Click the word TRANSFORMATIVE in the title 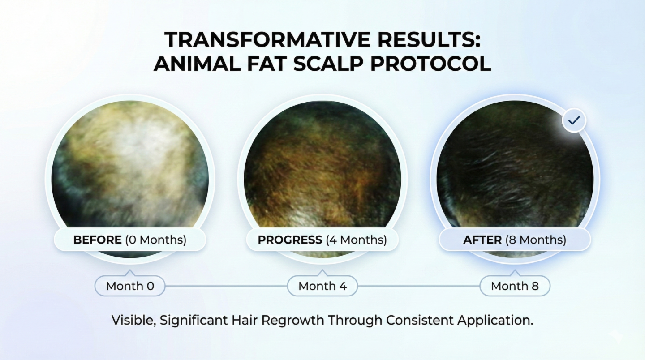267,39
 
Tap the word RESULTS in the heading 429,39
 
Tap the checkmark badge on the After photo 574,120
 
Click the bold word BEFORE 98,240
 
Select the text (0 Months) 156,240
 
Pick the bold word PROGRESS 290,240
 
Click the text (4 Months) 357,240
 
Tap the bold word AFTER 482,240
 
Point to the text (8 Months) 536,240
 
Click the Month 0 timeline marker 130,286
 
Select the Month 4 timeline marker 322,286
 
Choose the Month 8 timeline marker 515,286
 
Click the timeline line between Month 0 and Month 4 226,286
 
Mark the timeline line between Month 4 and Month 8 419,286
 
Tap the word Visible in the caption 133,320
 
